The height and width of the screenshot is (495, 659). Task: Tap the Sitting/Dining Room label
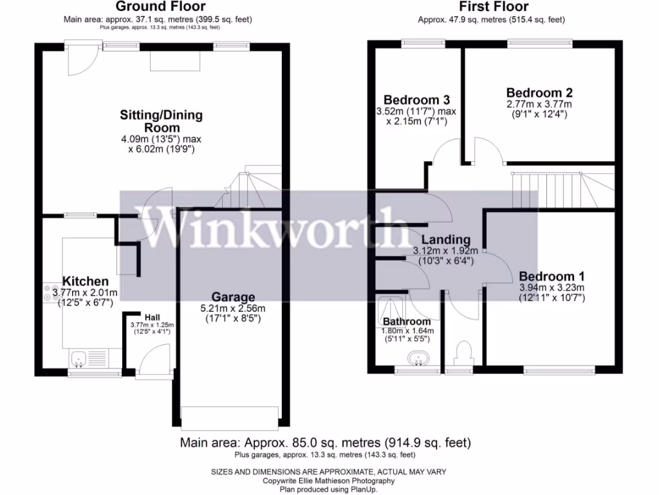click(161, 121)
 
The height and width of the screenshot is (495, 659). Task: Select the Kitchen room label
click(85, 282)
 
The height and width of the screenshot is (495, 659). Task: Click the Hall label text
click(152, 318)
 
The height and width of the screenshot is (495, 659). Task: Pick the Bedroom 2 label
click(539, 93)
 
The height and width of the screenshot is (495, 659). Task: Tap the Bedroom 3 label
click(416, 100)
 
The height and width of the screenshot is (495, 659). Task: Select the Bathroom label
click(406, 322)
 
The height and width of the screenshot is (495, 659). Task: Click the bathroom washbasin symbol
click(418, 356)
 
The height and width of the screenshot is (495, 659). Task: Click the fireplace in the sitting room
click(175, 61)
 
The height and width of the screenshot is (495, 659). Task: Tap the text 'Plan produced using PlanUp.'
click(329, 489)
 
